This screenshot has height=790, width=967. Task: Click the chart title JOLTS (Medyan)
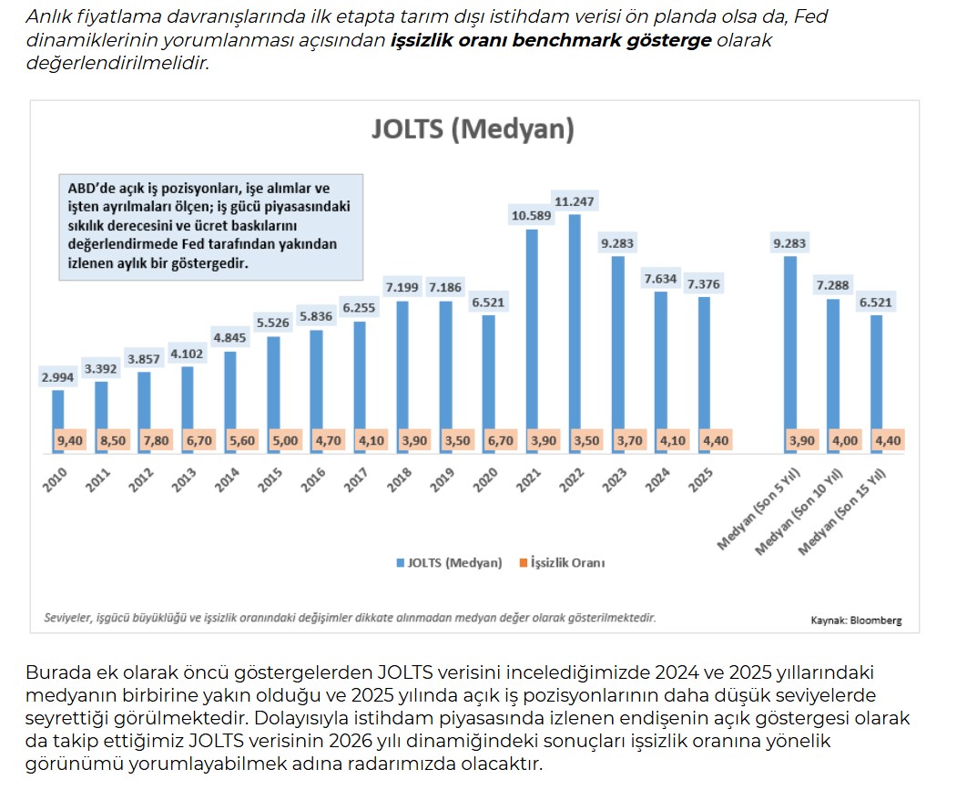473,128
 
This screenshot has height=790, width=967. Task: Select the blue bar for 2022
575,319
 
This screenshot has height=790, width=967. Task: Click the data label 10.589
531,215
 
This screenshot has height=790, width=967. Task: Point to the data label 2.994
57,377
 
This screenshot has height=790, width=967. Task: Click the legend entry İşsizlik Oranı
570,563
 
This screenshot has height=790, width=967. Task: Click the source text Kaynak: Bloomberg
856,621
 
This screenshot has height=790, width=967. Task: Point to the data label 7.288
831,285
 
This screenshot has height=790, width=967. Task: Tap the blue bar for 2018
402,364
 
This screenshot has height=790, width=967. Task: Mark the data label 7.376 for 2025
703,283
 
